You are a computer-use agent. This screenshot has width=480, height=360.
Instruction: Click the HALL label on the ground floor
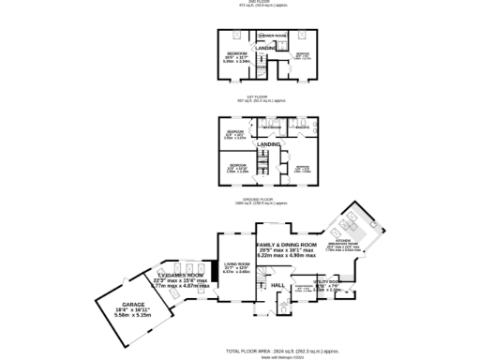coord(277,284)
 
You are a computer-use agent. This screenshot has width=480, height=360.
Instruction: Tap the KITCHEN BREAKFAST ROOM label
coord(360,241)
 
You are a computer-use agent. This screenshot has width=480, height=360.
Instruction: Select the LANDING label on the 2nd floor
coord(266,46)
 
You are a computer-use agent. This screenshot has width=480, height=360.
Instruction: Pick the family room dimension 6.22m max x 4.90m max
coord(289,255)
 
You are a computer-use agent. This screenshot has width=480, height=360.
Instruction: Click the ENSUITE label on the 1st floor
coord(303,126)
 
